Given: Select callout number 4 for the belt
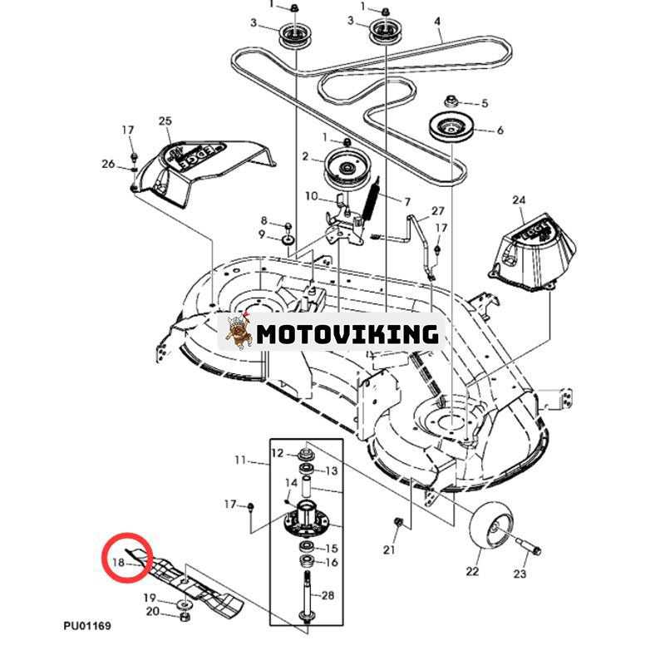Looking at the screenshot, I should [437, 21].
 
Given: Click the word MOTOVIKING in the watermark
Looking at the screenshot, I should [347, 334].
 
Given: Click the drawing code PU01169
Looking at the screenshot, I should [86, 626].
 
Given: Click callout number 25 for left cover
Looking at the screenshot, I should [164, 121].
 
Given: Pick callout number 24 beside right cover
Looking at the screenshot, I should [520, 200].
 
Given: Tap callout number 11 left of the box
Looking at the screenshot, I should [241, 459].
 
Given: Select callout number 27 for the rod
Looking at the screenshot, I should [438, 211].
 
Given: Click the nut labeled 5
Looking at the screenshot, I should [451, 101].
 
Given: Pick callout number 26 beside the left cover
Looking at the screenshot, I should [108, 164].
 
